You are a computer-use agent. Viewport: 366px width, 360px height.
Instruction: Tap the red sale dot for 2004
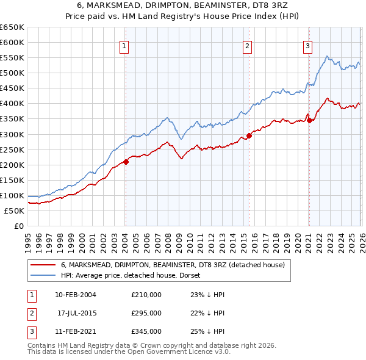126,162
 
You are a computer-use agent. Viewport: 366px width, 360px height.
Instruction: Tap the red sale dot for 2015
249,135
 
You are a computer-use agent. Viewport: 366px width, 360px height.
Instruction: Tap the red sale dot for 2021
309,120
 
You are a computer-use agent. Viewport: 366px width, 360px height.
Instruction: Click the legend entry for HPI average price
135,275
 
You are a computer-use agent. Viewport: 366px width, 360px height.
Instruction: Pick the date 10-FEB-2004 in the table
76,295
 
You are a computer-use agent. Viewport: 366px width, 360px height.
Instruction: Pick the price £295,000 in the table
146,313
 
